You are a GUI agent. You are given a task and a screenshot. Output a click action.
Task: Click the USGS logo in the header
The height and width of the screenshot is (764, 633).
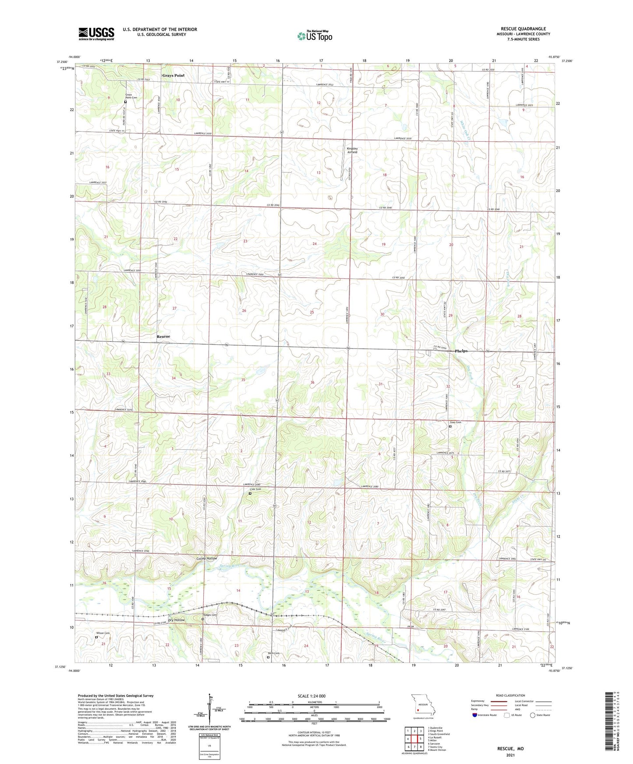(x=96, y=34)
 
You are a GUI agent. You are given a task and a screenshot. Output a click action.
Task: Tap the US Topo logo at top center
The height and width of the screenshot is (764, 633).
(x=314, y=36)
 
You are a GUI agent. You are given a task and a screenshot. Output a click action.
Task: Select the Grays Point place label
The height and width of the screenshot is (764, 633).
(x=173, y=75)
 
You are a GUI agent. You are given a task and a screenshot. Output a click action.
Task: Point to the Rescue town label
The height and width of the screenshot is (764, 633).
(x=163, y=336)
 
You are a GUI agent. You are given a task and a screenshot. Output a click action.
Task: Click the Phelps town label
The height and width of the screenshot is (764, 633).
(x=461, y=351)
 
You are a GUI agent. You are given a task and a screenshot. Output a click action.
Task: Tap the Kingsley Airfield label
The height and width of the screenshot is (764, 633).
(x=352, y=151)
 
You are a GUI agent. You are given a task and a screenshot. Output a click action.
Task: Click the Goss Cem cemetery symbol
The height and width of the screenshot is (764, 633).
(x=450, y=426)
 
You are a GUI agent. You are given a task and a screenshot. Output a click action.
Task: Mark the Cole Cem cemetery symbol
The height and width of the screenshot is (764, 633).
(x=250, y=494)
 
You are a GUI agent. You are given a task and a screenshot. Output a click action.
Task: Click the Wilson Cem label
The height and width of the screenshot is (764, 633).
(x=103, y=633)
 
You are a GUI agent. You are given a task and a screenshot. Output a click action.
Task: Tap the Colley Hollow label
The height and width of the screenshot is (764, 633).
(x=206, y=559)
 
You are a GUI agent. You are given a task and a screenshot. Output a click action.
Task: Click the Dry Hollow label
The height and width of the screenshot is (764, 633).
(x=176, y=620)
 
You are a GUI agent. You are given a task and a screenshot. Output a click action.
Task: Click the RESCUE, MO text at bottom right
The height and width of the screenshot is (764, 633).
(x=510, y=749)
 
